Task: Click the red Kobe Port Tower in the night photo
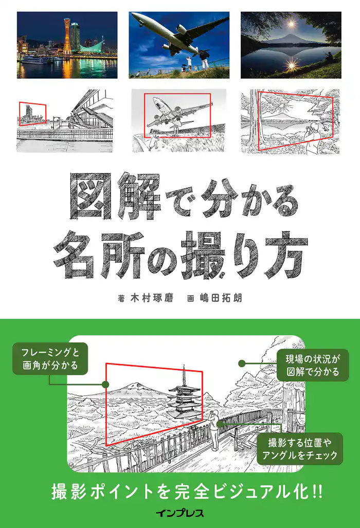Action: [67, 37]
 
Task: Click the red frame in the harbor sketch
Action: [32, 114]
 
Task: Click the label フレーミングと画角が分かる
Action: [50, 359]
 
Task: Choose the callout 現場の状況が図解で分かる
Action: [313, 365]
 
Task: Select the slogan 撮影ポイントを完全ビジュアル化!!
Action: [187, 491]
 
